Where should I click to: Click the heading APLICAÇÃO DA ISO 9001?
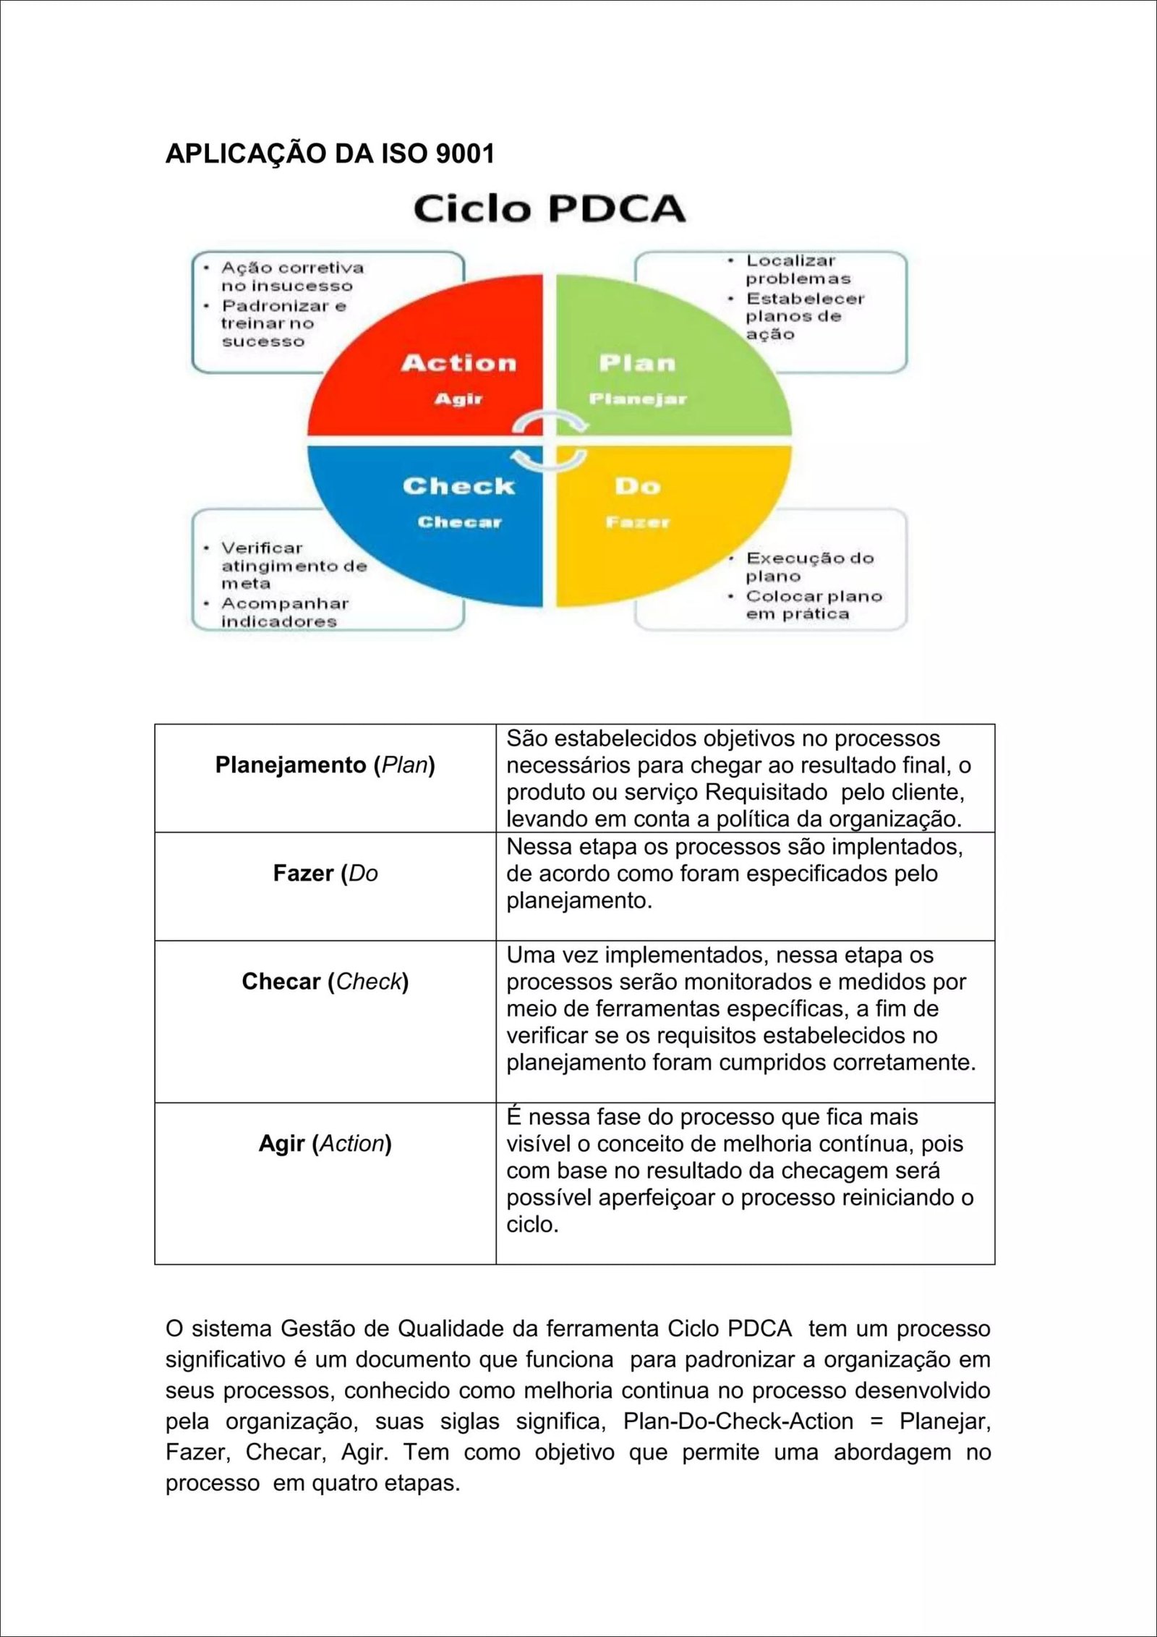point(330,153)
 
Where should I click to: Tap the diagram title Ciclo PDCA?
point(549,208)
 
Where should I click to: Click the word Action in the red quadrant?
point(459,362)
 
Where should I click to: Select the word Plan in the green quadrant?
point(637,362)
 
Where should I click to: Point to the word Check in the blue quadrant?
point(458,485)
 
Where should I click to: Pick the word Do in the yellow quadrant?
point(637,486)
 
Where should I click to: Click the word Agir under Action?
point(458,399)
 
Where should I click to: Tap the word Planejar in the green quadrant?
point(637,399)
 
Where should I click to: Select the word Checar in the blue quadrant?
point(459,522)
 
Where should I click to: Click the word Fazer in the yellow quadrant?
point(637,522)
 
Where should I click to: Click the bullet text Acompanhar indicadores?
point(283,612)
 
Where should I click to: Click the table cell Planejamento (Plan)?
point(325,765)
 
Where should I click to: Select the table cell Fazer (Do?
point(325,873)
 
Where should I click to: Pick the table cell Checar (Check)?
point(325,981)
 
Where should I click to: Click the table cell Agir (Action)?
point(325,1143)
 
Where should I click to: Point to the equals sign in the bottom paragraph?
point(876,1421)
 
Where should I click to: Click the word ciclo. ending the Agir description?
point(532,1224)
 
